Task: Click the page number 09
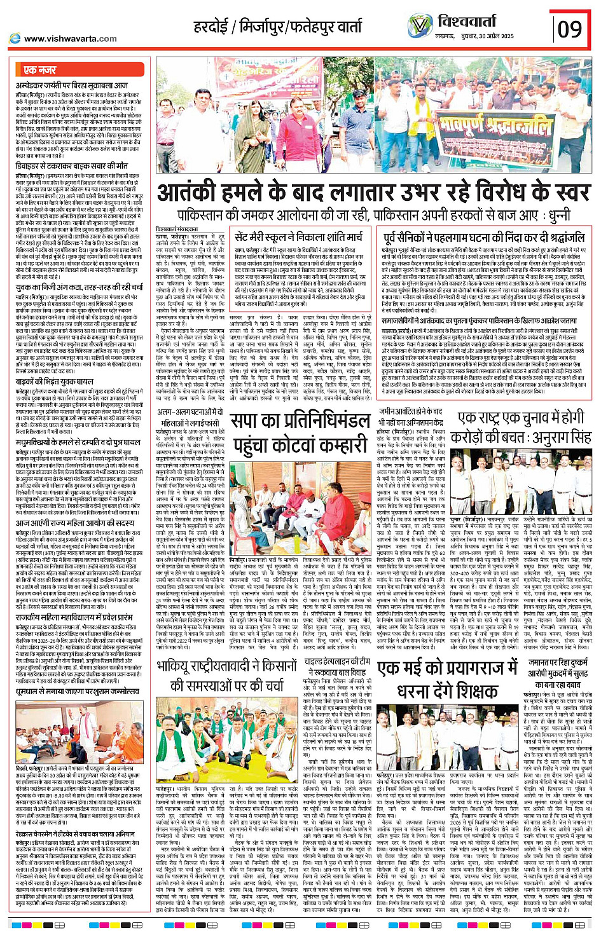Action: tap(570, 28)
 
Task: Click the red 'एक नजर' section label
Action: tap(39, 69)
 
